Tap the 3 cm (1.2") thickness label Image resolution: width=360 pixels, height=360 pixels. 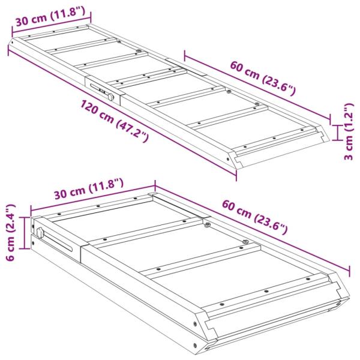pos(348,133)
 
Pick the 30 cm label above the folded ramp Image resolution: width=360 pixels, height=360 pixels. pos(88,189)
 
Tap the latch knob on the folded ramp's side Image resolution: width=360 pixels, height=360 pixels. pos(40,233)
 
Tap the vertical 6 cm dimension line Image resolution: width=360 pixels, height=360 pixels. pos(25,233)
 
